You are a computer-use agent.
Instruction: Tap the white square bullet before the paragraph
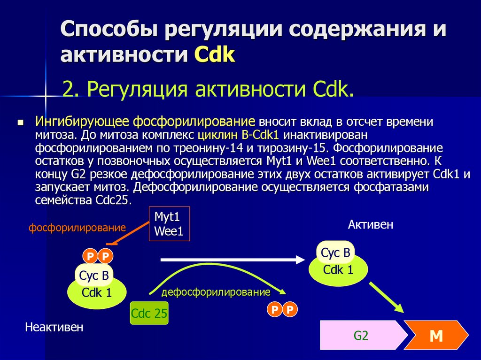[20, 123]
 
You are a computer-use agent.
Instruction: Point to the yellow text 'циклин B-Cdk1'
[239, 136]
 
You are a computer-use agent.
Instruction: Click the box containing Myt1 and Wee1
[169, 224]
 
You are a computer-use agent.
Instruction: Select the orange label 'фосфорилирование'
[78, 229]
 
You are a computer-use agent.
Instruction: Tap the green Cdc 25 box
[149, 314]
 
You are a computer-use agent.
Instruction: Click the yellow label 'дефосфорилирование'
[216, 292]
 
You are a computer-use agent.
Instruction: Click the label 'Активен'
[370, 225]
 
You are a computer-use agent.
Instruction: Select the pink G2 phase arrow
[362, 336]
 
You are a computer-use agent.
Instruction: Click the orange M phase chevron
[437, 336]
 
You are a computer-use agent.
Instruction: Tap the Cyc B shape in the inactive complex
[94, 275]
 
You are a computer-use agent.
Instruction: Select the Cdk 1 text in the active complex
[338, 270]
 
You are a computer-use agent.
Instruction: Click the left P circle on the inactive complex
[90, 256]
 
